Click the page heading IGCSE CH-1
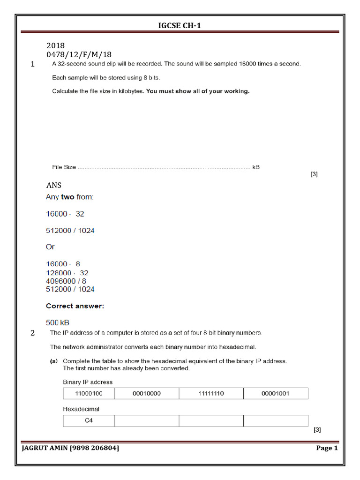(180, 25)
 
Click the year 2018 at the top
(55, 46)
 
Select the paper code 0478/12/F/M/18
(79, 55)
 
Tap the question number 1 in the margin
(32, 65)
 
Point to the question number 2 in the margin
(32, 333)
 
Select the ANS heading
(54, 185)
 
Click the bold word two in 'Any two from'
(67, 197)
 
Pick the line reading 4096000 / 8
(66, 281)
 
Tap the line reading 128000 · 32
(67, 273)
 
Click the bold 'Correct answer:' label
(75, 306)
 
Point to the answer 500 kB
(58, 322)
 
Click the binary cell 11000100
(89, 394)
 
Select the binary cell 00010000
(147, 394)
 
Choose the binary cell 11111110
(211, 394)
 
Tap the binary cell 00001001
(275, 394)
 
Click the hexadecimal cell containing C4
(89, 421)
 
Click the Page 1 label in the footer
(327, 448)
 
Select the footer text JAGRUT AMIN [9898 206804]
(70, 448)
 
